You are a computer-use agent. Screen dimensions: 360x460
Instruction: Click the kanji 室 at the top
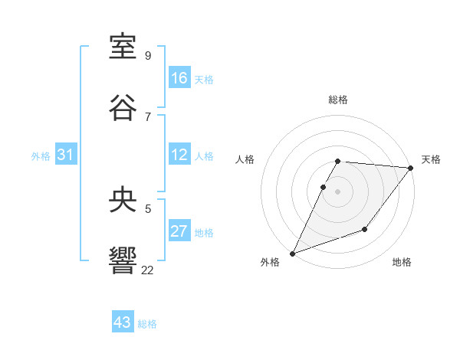coord(123,47)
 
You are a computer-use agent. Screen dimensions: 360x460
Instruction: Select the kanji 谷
coord(123,106)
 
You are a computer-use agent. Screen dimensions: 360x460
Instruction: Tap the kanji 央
coord(123,200)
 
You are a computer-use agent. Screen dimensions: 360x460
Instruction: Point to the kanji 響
coord(123,259)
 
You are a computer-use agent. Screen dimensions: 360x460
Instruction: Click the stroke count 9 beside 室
coord(148,56)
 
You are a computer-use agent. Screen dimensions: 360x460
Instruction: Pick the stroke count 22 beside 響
coord(148,270)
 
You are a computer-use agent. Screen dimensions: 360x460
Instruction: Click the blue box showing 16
coord(179,78)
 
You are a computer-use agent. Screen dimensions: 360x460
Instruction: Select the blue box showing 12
coord(179,155)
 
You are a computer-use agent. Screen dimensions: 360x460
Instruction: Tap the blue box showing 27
coord(179,231)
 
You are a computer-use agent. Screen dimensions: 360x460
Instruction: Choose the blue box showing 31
coord(65,155)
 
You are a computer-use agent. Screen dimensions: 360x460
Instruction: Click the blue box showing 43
coord(123,322)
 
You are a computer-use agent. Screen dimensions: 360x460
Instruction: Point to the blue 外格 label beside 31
coord(41,155)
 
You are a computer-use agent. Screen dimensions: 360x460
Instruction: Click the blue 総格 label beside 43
coord(147,324)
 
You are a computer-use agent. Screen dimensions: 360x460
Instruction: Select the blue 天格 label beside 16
coord(204,79)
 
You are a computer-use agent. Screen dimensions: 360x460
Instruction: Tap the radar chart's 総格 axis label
coord(338,100)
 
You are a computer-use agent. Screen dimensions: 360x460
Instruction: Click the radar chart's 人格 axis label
coord(245,159)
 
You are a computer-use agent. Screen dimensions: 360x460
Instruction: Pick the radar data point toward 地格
coord(365,229)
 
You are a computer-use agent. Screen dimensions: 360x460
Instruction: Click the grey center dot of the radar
coord(337,191)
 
